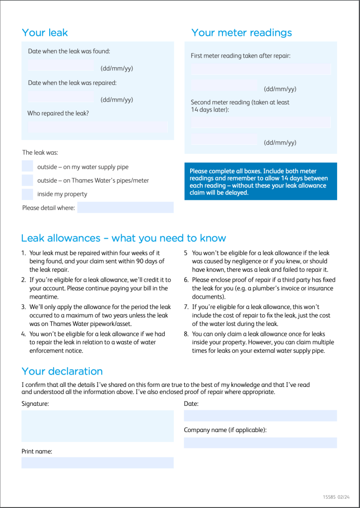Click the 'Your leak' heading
coord(45,33)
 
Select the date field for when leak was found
coord(61,65)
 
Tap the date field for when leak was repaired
coord(61,97)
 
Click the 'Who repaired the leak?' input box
coord(98,127)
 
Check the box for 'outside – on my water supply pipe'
coord(27,167)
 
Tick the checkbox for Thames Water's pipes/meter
coord(27,180)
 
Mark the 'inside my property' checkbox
coord(27,193)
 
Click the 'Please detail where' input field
coord(125,207)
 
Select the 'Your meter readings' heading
coord(241,33)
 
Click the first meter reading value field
coord(261,69)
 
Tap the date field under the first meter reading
coord(223,86)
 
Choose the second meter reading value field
coord(261,123)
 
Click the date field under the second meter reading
coord(223,140)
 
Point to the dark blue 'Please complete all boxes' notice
coord(260,181)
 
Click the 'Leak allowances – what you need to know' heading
coord(124,238)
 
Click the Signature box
coord(97,426)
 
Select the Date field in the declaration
coord(260,416)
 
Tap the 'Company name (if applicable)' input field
coord(260,443)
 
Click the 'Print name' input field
coord(97,463)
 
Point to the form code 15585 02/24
coord(336,497)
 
